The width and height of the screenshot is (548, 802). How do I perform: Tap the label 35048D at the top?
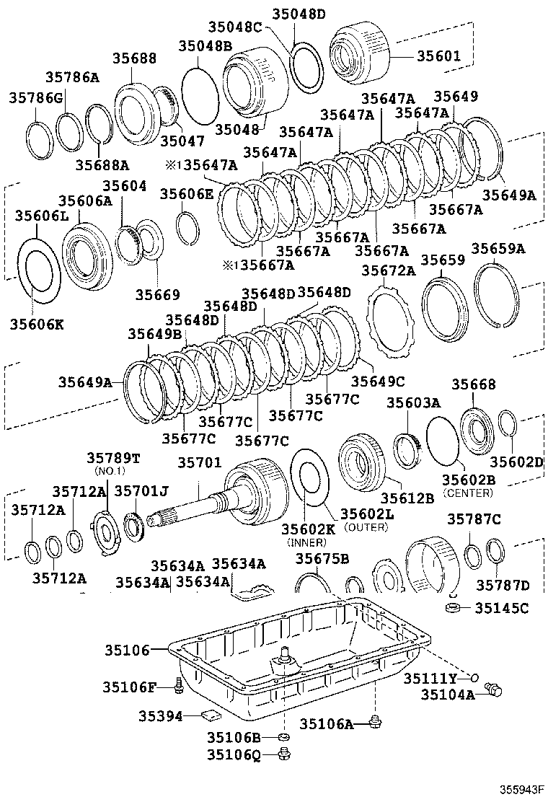tap(299, 14)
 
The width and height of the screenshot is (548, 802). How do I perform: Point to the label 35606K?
tap(37, 324)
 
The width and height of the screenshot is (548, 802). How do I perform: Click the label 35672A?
tap(389, 270)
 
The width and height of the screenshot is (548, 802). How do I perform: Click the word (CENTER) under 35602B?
tap(467, 493)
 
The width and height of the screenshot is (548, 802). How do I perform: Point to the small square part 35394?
tap(211, 715)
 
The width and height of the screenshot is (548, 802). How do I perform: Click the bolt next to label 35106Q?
tap(283, 754)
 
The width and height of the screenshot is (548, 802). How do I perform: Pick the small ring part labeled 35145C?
tap(454, 609)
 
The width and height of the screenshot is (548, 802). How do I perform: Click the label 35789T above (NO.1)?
tap(114, 458)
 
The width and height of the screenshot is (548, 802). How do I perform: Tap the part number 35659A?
tap(498, 249)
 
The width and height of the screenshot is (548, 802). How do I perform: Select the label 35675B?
tap(322, 558)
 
